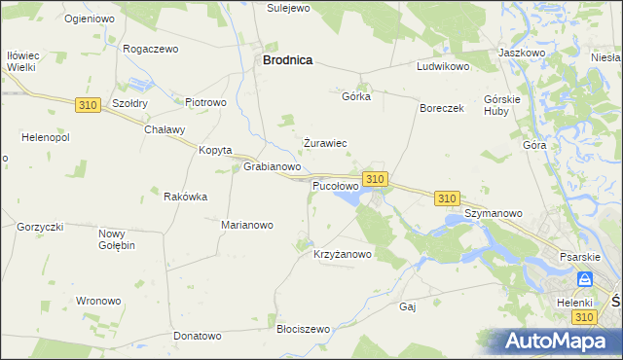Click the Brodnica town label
coord(287,59)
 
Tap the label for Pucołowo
coord(335,185)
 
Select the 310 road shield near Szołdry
coord(87,104)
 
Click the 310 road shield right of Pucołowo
coord(376,179)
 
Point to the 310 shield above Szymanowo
coord(447,198)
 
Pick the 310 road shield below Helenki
coord(584,318)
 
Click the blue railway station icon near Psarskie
coord(584,279)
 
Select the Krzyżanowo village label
coord(342,255)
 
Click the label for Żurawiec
coord(325,143)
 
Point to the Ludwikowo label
coord(443,67)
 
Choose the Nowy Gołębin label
coord(116,239)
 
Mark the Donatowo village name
coord(198,336)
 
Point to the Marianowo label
coord(247,225)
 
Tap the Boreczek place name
coord(442,108)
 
